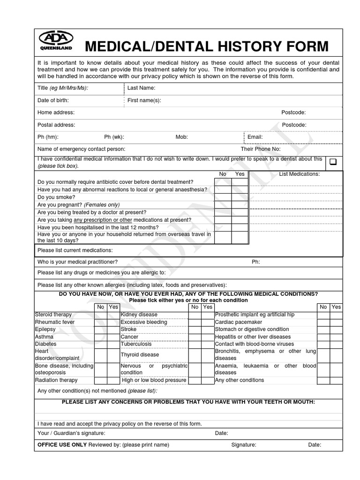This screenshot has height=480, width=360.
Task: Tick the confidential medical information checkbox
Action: [x=333, y=162]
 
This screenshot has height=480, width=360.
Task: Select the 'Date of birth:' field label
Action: [x=53, y=100]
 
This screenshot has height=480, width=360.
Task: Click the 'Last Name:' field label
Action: [x=141, y=88]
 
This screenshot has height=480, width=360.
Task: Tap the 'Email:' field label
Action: [x=255, y=137]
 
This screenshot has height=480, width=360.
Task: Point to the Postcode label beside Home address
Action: [x=293, y=112]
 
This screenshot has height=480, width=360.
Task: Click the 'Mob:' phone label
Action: [x=181, y=137]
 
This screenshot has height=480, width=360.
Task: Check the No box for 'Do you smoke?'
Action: [x=223, y=197]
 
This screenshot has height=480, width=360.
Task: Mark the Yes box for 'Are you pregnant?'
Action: [x=240, y=205]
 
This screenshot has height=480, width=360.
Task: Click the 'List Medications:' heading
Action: [x=299, y=174]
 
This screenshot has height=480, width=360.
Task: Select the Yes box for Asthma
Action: [x=113, y=337]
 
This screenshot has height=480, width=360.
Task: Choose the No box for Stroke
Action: [x=195, y=330]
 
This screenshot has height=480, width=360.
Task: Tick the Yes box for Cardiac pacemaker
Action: [x=336, y=322]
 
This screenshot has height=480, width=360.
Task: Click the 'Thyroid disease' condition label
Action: [x=140, y=355]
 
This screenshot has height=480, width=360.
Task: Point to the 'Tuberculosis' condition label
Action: [x=136, y=344]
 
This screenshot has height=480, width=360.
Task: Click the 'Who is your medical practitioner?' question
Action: [x=77, y=262]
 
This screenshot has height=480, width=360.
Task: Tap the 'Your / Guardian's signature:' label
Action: [x=71, y=433]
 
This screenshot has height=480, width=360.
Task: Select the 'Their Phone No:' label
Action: [x=260, y=149]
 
